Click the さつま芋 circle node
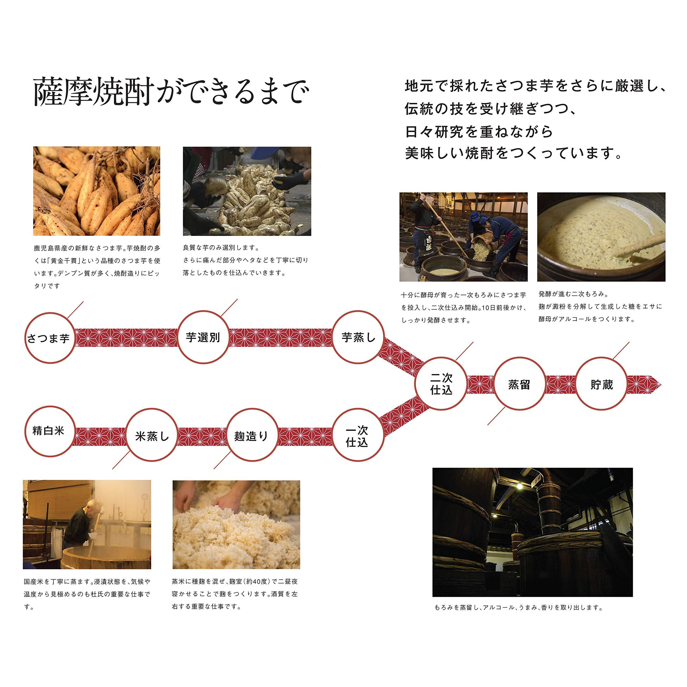(x=50, y=338)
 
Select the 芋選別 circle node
(x=203, y=337)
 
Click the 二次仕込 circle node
(x=441, y=384)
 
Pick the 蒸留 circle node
(x=519, y=384)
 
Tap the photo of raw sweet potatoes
(x=97, y=191)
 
